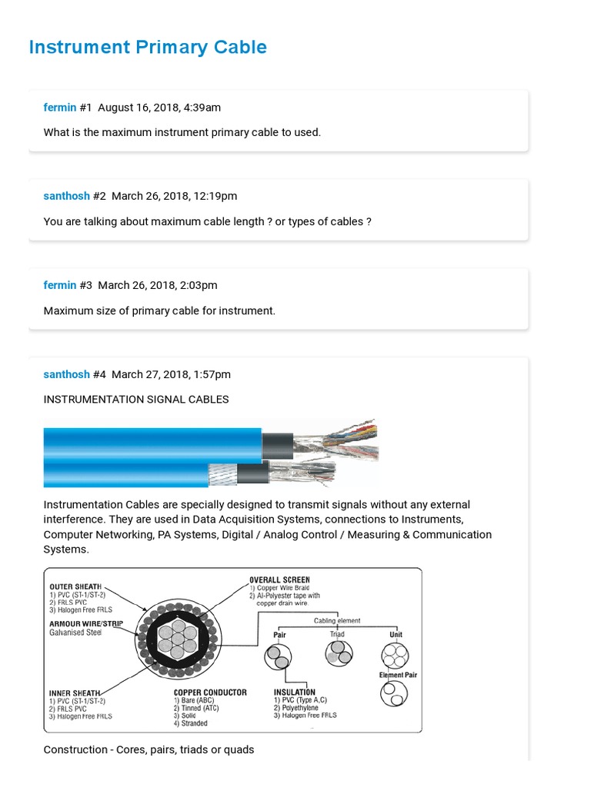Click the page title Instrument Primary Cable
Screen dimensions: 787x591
(x=148, y=47)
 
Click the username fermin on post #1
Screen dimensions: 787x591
(x=60, y=108)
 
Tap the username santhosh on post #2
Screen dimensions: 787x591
(x=66, y=196)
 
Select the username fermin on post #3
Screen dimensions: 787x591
(x=60, y=285)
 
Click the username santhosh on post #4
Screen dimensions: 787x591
(x=66, y=374)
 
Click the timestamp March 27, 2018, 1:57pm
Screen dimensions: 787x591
(x=171, y=374)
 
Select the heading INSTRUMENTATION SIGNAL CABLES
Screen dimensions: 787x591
(x=136, y=400)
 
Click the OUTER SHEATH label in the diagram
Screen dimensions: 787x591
(x=75, y=586)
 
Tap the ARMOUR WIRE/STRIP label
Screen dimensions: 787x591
(x=87, y=623)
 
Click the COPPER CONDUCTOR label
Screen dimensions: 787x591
(x=210, y=692)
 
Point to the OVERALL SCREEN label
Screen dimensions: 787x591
(x=279, y=579)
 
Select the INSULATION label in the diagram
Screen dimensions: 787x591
(x=294, y=692)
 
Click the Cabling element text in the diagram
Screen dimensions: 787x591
(x=337, y=620)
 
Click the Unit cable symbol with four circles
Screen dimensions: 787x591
(x=395, y=656)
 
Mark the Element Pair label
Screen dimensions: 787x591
(x=397, y=675)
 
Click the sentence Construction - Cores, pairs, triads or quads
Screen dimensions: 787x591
(x=149, y=749)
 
